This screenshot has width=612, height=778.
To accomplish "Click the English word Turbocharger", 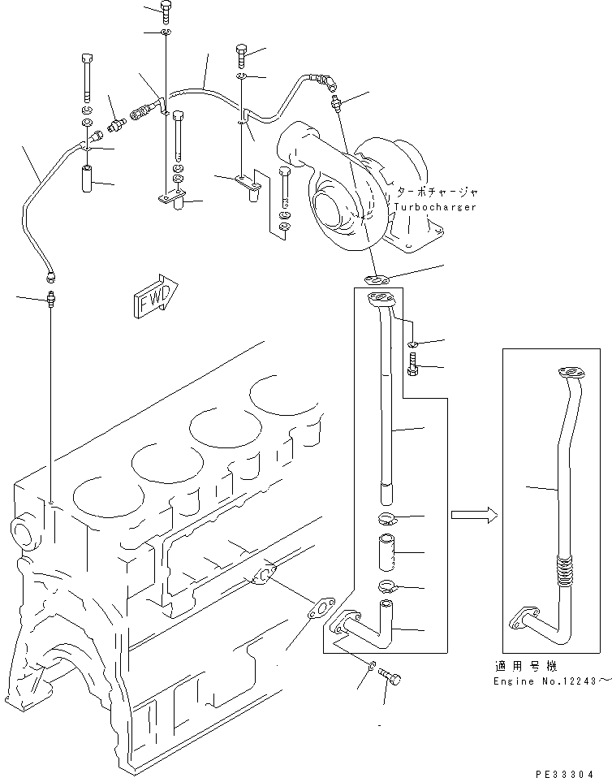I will tap(435, 206).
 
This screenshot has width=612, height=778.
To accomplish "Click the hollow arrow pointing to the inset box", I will tap(470, 513).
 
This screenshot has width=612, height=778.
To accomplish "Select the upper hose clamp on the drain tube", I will tap(387, 520).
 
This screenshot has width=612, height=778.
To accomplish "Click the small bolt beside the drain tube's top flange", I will tap(414, 362).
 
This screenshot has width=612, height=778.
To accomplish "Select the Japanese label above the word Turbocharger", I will tap(437, 192).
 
